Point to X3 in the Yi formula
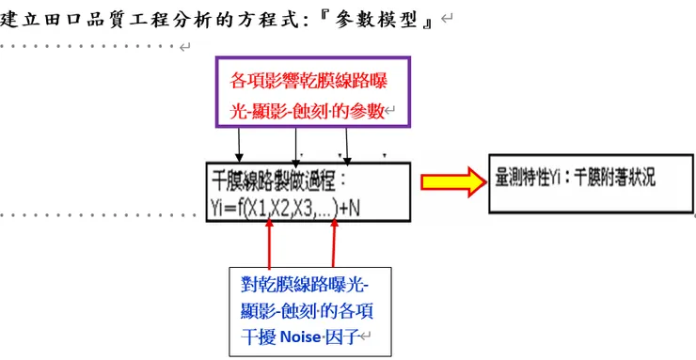pyautogui.click(x=302, y=209)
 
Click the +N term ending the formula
pyautogui.click(x=349, y=209)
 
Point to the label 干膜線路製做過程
pyautogui.click(x=273, y=176)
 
